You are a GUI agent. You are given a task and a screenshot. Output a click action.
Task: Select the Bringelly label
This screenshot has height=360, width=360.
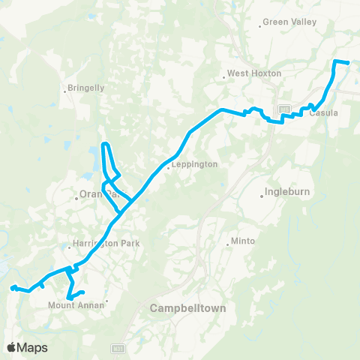point(86,88)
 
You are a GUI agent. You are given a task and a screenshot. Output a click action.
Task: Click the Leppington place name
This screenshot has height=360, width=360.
point(194,164)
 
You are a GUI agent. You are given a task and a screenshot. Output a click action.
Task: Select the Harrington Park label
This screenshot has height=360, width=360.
point(106,244)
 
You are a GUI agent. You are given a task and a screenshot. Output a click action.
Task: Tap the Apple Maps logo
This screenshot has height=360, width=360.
point(27,347)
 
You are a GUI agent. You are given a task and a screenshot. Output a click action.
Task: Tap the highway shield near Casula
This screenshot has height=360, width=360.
point(284,110)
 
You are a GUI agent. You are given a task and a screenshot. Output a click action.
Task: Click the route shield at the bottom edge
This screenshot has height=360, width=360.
point(117,349)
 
